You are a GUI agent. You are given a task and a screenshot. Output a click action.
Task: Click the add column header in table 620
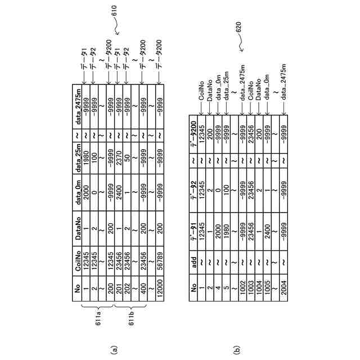(x=193, y=273)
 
